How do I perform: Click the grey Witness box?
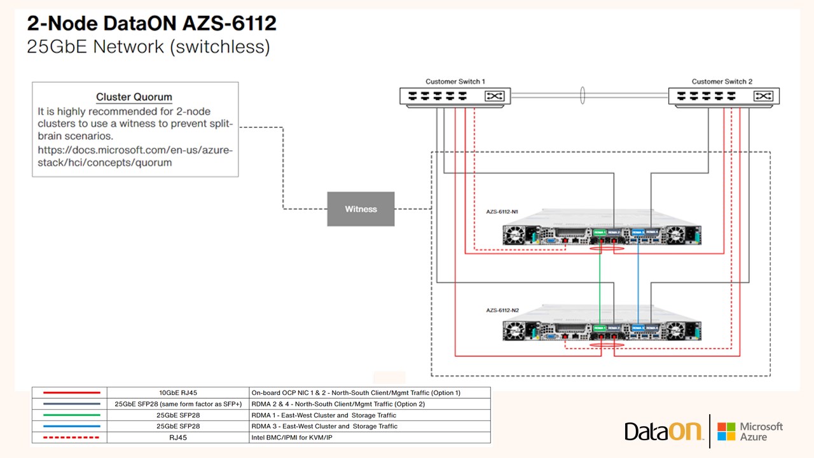click(361, 209)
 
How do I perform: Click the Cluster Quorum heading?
click(134, 97)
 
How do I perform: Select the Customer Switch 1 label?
click(455, 81)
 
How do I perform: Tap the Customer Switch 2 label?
click(722, 81)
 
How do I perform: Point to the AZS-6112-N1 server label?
click(502, 211)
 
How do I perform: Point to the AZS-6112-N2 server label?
click(502, 310)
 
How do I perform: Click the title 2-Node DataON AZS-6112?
click(152, 24)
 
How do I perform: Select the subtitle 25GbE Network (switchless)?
click(148, 47)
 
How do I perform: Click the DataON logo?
click(664, 431)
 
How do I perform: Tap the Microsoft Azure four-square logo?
click(726, 431)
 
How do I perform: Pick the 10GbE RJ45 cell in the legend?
click(178, 392)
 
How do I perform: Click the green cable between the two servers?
click(600, 280)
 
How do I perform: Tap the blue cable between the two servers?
click(638, 280)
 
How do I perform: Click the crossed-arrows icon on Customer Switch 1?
click(493, 96)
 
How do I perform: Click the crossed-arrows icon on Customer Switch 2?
click(762, 96)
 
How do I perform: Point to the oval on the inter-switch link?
click(582, 96)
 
